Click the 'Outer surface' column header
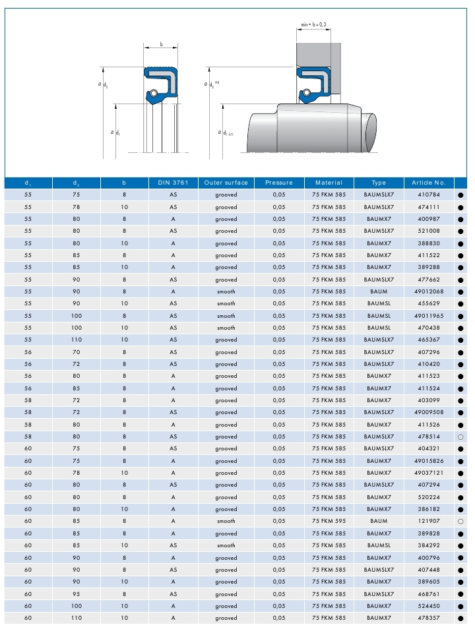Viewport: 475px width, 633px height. (226, 183)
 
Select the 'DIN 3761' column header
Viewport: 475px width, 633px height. (173, 183)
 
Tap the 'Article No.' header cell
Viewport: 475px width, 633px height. (429, 183)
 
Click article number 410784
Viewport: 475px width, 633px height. (429, 195)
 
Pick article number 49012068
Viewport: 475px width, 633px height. (429, 291)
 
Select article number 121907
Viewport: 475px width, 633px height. (429, 522)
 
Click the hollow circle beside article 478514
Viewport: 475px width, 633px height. (460, 437)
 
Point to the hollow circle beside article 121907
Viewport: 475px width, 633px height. (460, 522)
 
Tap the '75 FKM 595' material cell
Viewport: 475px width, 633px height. (329, 522)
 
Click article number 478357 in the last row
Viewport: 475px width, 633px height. (429, 618)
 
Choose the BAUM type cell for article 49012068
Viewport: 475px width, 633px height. (379, 291)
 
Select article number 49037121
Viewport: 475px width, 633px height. (429, 473)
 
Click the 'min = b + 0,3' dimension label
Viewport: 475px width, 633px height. (313, 24)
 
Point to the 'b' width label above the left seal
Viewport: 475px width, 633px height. (161, 45)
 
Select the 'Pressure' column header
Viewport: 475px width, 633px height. (278, 183)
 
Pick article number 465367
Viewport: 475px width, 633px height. (429, 340)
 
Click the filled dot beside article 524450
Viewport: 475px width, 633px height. (460, 607)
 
